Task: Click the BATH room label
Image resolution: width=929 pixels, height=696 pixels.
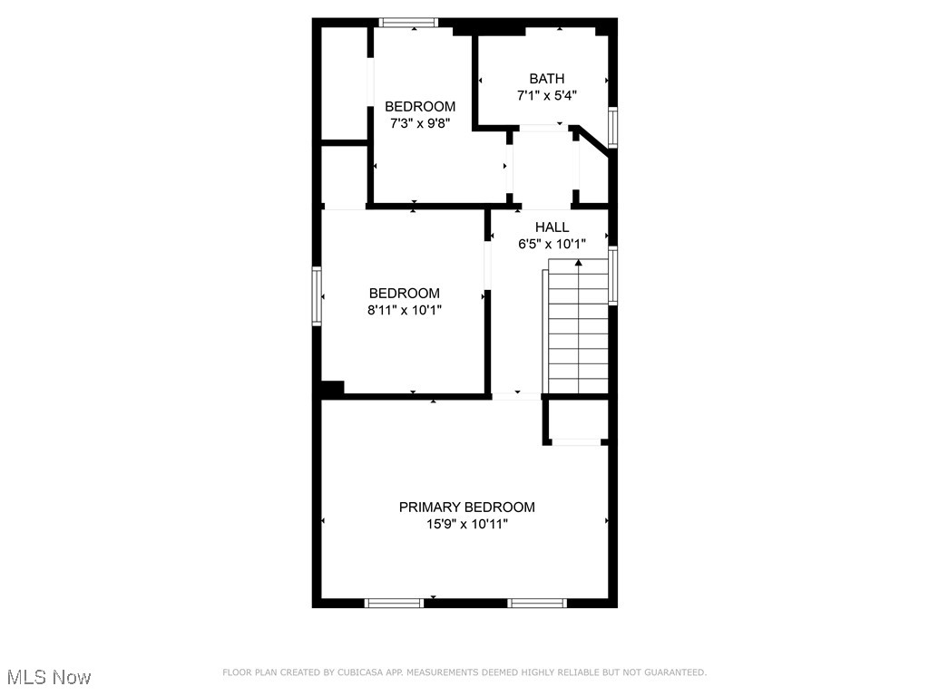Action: coord(547,79)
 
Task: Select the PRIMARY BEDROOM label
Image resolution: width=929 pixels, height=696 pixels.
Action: coord(467,507)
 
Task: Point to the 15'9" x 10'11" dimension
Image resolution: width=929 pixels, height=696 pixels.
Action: coord(466,524)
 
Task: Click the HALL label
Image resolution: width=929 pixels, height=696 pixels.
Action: coord(552,227)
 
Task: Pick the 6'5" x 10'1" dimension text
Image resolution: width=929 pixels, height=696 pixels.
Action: coord(552,243)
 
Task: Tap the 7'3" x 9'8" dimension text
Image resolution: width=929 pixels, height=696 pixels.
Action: coord(420,122)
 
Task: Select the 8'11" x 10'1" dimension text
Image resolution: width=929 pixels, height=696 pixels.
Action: coord(406,309)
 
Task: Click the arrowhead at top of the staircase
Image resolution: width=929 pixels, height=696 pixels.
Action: coord(578,263)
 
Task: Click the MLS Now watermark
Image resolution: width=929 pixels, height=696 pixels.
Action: coord(49,677)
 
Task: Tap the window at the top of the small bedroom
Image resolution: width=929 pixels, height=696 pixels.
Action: coord(408,23)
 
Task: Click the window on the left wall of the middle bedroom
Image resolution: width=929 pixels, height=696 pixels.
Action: coord(318,295)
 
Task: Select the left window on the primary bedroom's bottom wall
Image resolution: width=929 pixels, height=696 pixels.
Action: coord(394,603)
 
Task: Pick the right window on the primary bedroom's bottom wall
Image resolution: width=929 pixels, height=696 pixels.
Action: coord(537,603)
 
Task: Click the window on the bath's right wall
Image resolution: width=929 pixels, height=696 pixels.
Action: coord(612,127)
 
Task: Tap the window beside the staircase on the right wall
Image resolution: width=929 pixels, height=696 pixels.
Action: coord(612,275)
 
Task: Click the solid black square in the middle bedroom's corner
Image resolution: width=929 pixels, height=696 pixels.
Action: coord(332,388)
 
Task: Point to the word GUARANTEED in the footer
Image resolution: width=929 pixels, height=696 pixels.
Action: coord(672,672)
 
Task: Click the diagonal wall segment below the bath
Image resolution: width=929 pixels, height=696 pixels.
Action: coord(593,142)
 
